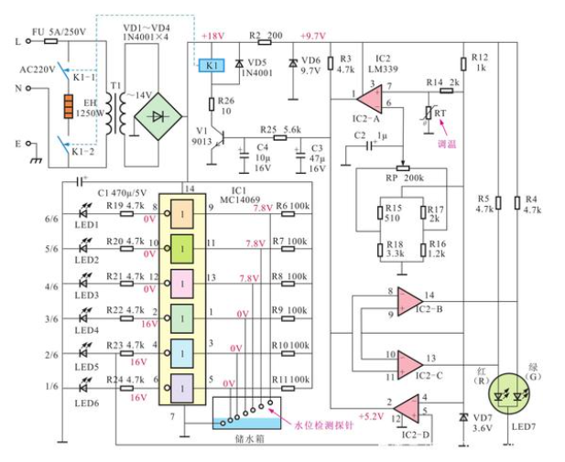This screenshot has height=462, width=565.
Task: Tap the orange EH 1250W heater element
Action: pyautogui.click(x=66, y=108)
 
